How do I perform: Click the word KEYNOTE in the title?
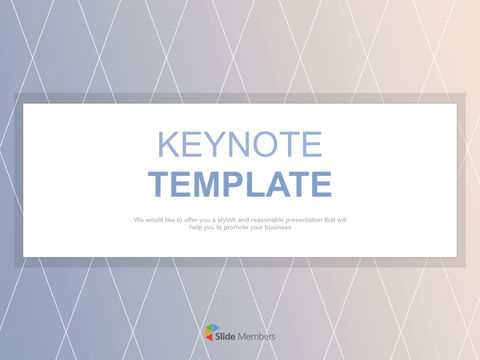pos(240,144)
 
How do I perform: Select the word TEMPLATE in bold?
pos(240,185)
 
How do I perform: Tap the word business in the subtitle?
pos(270,228)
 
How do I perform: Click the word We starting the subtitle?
pos(137,219)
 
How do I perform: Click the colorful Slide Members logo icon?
pos(210,334)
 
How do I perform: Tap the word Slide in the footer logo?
pos(229,335)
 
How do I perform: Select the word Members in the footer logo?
pos(258,335)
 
